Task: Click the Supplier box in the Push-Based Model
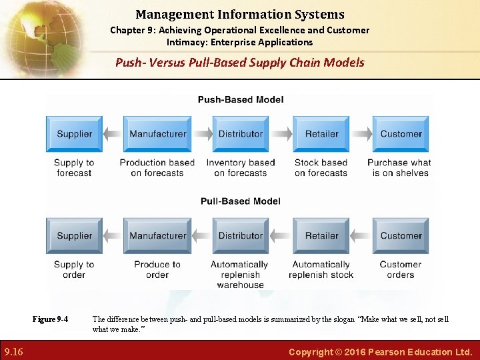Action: [x=74, y=134]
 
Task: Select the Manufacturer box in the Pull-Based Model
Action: [x=157, y=236]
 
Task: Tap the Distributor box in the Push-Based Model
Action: [x=241, y=134]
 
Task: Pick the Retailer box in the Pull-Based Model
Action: [x=321, y=236]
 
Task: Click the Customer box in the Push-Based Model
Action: [x=401, y=134]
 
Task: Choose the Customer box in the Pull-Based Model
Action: [x=401, y=236]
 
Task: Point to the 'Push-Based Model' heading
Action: [x=240, y=100]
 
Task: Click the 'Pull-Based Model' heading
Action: [x=240, y=201]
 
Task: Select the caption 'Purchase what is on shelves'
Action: [x=399, y=167]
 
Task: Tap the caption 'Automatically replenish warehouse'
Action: [x=240, y=275]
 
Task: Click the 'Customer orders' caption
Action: [x=400, y=269]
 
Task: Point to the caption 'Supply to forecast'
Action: [x=74, y=167]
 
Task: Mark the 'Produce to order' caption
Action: [x=157, y=269]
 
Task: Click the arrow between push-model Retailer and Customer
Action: [x=361, y=134]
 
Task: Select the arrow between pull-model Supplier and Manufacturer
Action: [x=113, y=236]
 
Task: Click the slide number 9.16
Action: [x=13, y=351]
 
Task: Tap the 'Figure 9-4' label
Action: [x=50, y=319]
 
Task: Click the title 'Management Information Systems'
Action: [x=240, y=14]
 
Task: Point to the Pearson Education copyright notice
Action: [x=380, y=351]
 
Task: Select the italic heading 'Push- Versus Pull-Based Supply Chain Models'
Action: [x=240, y=63]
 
